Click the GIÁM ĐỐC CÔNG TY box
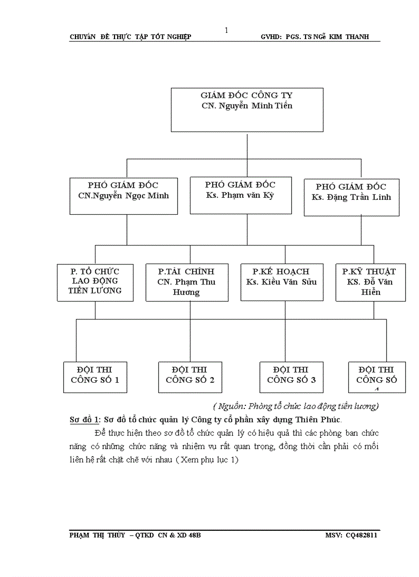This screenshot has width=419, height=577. click(247, 110)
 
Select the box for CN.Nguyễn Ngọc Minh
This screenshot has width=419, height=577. click(124, 196)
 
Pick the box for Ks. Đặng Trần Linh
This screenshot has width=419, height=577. click(351, 197)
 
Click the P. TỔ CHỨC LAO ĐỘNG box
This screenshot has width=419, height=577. click(95, 282)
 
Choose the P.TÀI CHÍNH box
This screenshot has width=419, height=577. click(186, 282)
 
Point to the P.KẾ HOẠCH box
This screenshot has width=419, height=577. click(281, 282)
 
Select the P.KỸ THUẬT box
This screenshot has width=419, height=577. click(370, 282)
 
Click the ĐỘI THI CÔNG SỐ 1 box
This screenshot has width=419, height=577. click(95, 377)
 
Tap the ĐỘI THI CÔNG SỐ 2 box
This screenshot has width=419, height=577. click(190, 377)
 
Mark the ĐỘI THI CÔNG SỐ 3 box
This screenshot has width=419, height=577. click(291, 377)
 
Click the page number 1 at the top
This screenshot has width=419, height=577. click(226, 30)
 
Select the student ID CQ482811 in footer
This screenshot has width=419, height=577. click(363, 535)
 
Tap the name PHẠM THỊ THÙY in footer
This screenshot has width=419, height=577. click(97, 535)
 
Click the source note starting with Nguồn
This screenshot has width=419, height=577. click(295, 406)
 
